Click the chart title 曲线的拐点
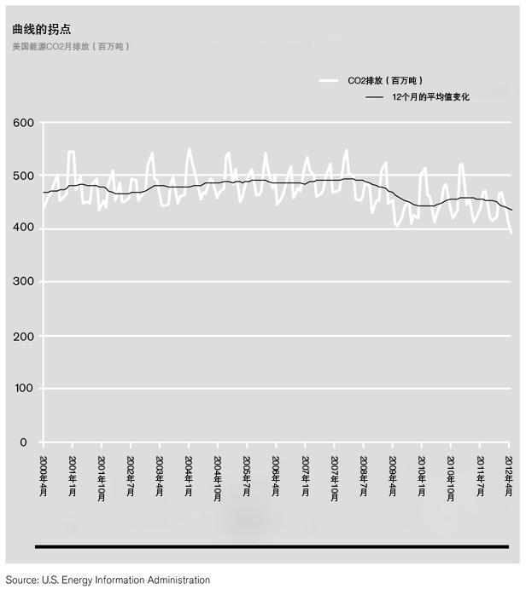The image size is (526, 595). coord(42,28)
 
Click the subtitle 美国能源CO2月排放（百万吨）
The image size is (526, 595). coord(71,46)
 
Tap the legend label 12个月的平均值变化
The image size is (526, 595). coord(430,97)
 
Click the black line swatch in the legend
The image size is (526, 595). coord(374,97)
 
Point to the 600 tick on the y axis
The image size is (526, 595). coord(24,123)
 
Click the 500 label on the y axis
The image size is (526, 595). coord(24,176)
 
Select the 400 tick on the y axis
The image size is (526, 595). coord(24,229)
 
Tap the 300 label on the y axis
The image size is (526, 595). coord(24,282)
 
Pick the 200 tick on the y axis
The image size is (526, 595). coord(24,336)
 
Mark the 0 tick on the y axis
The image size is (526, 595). coord(24,442)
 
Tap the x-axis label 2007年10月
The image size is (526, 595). coord(335,477)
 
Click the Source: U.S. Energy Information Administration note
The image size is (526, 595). coord(108,581)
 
